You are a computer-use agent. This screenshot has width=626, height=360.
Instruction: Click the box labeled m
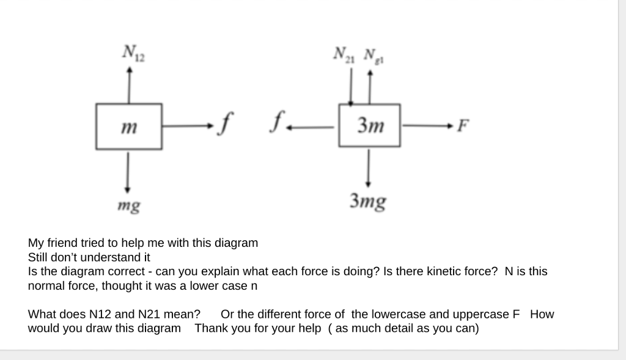[128, 127]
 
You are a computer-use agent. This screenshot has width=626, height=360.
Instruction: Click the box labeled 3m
[369, 126]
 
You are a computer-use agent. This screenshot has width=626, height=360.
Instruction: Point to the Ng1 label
[370, 54]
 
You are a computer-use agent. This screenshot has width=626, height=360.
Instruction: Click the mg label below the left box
[129, 206]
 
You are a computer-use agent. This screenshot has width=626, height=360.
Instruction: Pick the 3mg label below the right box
[367, 200]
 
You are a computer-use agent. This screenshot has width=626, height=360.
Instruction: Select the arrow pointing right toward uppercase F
[427, 127]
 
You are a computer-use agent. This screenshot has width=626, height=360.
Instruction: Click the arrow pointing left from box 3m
[312, 127]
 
